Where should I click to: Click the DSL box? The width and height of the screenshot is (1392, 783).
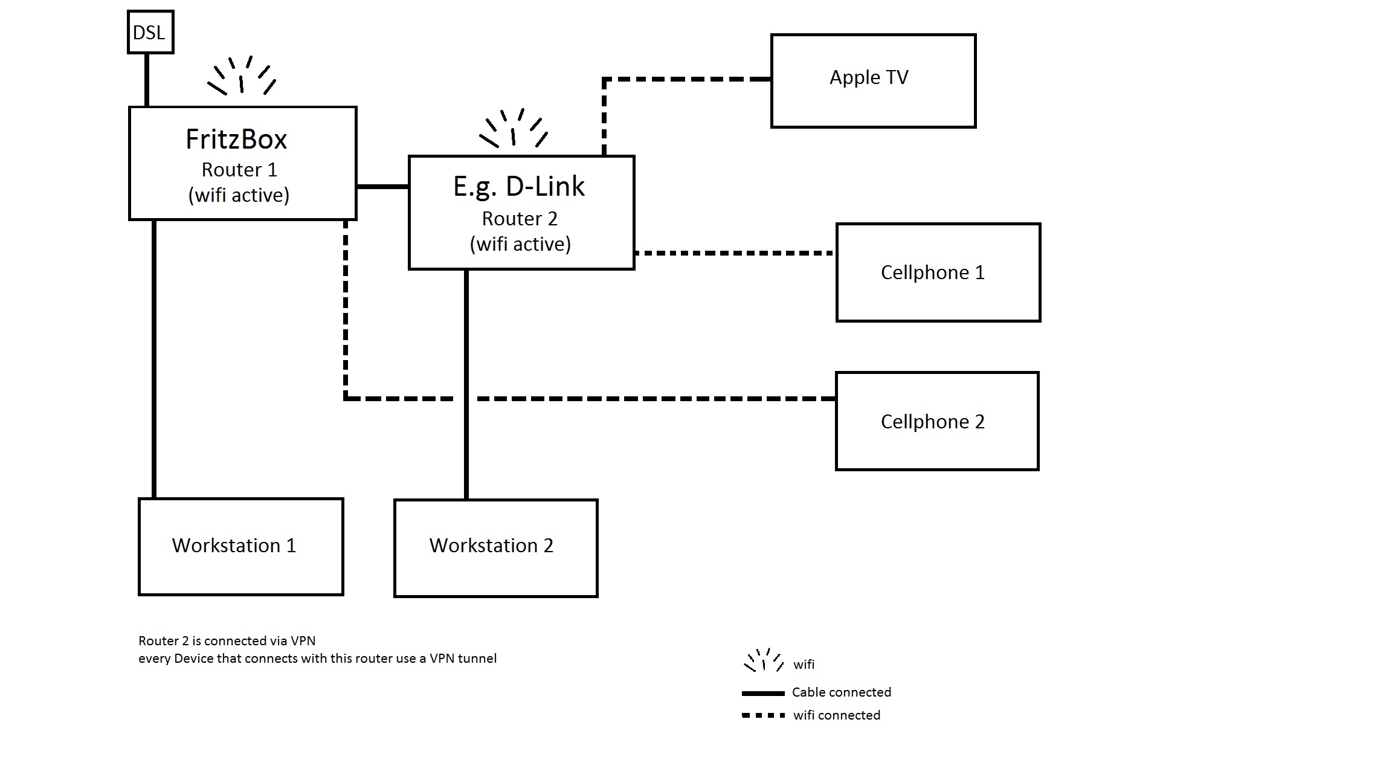(150, 32)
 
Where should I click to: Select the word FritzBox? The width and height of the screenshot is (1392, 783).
(236, 140)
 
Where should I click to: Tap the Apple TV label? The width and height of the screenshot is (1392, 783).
(869, 77)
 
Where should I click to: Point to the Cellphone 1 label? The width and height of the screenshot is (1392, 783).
(932, 272)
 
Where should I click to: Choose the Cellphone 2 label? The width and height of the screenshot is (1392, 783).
(932, 422)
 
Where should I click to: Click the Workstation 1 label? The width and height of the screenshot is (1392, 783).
(234, 546)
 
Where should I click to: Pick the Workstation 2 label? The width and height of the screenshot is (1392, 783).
(491, 546)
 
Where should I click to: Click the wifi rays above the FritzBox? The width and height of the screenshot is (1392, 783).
(242, 76)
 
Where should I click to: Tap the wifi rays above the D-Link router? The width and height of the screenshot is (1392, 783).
(514, 129)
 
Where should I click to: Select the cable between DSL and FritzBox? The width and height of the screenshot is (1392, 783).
(147, 80)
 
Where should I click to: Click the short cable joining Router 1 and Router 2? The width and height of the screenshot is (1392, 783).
(382, 187)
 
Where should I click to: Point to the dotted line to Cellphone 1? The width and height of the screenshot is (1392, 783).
(734, 253)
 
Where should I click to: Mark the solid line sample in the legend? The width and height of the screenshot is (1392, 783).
(763, 693)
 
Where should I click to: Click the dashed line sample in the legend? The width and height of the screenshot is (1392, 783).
(763, 715)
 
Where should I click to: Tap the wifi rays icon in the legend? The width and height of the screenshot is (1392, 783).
(763, 660)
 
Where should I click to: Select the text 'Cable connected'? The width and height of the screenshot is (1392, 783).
(841, 692)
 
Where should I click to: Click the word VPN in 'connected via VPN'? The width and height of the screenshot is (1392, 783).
(303, 641)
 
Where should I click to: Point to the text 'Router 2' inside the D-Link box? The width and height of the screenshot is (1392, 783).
(520, 219)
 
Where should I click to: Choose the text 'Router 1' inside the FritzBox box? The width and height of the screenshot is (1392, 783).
(239, 170)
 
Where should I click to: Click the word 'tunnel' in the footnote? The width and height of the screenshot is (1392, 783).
(477, 659)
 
